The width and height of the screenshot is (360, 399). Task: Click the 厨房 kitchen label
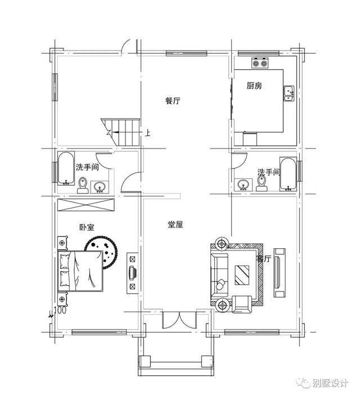(x=254, y=86)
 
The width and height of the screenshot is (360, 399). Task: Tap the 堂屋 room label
(x=175, y=225)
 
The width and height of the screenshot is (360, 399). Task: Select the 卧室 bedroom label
(x=87, y=227)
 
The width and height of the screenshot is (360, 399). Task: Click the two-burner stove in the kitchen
(x=260, y=63)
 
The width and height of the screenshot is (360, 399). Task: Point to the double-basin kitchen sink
(x=289, y=93)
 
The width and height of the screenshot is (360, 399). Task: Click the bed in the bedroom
(x=80, y=271)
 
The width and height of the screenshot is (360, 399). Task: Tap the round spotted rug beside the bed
(x=101, y=252)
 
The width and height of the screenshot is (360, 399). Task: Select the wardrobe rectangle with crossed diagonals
(x=85, y=205)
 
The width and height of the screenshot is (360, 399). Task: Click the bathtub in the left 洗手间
(x=66, y=168)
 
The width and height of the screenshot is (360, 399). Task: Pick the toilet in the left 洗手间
(x=83, y=186)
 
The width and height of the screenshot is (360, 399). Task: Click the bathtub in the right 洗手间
(x=288, y=174)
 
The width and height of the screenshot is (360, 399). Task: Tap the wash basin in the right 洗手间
(x=244, y=185)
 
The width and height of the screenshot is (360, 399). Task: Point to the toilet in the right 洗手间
(x=262, y=183)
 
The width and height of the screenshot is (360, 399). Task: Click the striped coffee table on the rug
(x=242, y=275)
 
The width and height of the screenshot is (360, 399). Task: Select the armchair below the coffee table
(x=242, y=304)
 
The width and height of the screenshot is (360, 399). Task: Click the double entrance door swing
(x=179, y=320)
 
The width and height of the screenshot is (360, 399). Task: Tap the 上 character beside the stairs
(x=147, y=133)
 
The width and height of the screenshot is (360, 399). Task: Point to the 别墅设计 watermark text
(x=330, y=383)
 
